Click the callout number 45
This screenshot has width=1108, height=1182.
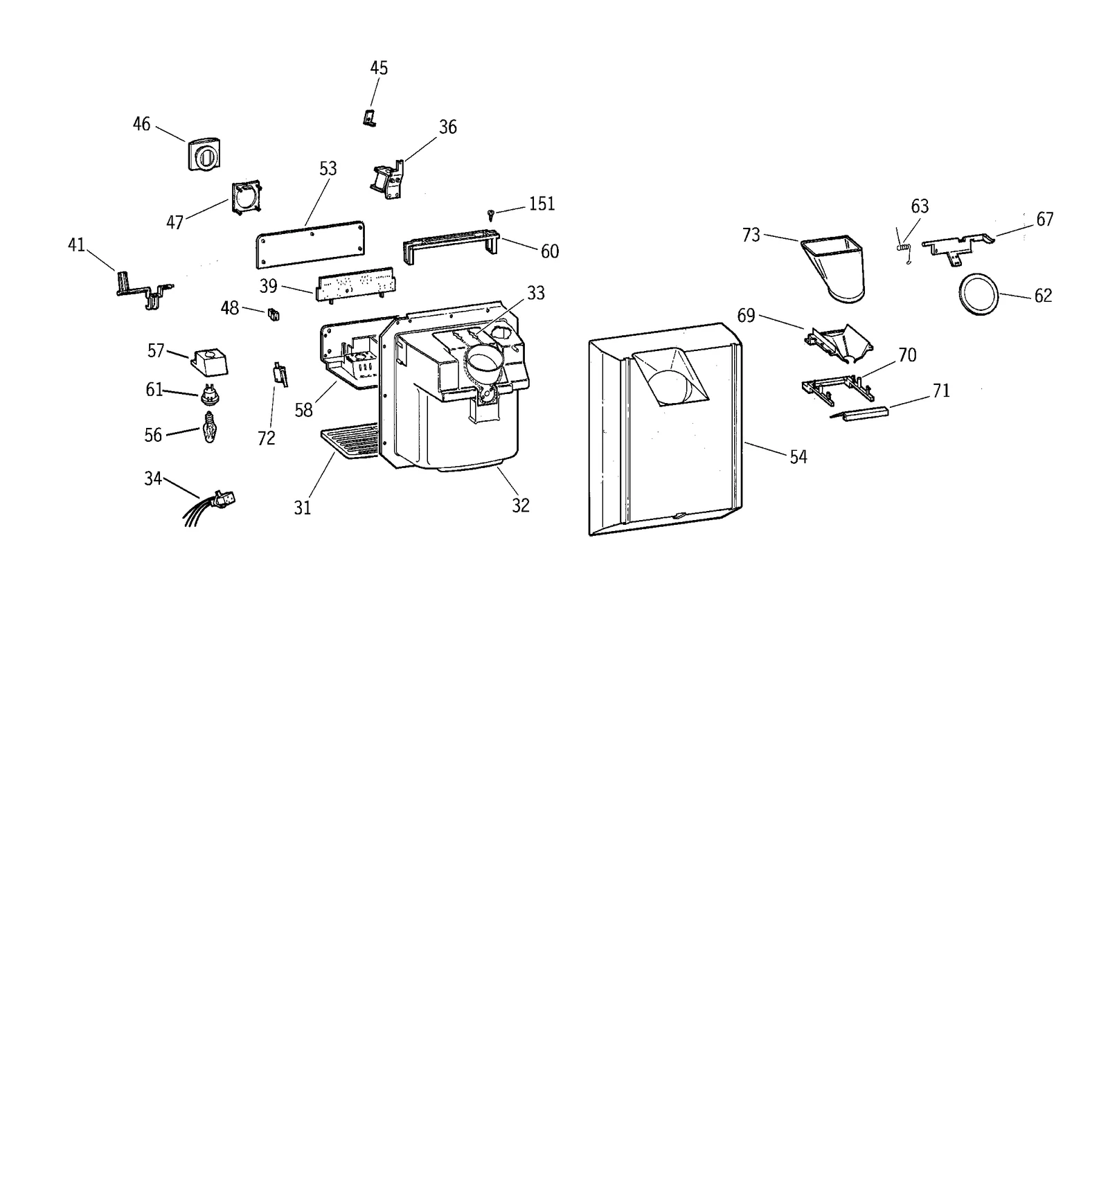(379, 68)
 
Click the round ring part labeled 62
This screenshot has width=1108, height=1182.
(978, 294)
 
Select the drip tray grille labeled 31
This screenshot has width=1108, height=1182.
(350, 440)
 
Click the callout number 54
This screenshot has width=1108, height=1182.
(798, 457)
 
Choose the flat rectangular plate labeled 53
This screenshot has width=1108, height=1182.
(310, 244)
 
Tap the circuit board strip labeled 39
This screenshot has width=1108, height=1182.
(355, 284)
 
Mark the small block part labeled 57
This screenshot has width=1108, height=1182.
(210, 360)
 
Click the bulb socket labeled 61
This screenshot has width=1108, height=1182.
(209, 395)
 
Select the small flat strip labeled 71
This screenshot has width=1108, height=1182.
(859, 413)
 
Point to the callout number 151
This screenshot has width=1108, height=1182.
(542, 204)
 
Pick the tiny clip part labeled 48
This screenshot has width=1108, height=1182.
(273, 314)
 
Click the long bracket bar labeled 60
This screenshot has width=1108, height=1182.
(451, 242)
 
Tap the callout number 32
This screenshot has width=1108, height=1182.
(521, 505)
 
